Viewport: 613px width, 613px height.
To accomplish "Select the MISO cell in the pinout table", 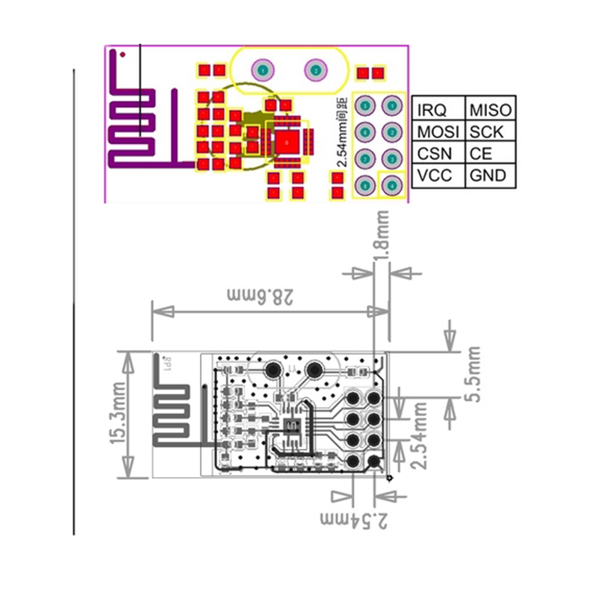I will [x=490, y=110].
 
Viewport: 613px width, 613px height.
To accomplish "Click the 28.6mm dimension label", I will [x=261, y=295].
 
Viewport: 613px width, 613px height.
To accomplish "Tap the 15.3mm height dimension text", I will [x=117, y=414].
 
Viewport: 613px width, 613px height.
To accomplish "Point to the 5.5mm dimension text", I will [x=472, y=374].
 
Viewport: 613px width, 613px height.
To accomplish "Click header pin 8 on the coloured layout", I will [x=365, y=186].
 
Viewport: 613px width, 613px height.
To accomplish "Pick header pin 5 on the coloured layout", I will [x=365, y=106].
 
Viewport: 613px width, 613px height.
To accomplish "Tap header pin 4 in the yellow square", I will [x=392, y=186].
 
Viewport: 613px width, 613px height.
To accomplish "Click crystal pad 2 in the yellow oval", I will [x=315, y=70].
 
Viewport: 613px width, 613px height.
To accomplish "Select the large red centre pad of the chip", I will [x=287, y=142].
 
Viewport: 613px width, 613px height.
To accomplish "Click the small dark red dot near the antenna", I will [x=123, y=54].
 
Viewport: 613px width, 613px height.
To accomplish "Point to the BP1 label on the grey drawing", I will [x=168, y=363].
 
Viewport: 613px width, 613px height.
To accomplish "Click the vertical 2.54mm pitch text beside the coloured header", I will [x=341, y=130].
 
